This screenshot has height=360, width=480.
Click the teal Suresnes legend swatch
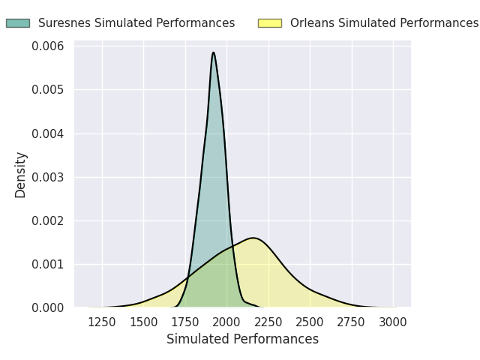click(x=18, y=23)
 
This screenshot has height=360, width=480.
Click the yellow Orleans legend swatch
click(x=270, y=23)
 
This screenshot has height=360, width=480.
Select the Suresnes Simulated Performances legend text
click(x=136, y=23)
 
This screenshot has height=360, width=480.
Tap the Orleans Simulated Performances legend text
click(x=385, y=23)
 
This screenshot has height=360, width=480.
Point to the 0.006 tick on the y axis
click(x=48, y=46)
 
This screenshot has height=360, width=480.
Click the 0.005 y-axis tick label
click(x=48, y=90)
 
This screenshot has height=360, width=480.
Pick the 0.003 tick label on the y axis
click(x=48, y=177)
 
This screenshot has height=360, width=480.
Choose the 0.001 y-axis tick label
click(x=48, y=264)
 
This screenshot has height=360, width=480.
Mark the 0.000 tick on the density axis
click(x=48, y=307)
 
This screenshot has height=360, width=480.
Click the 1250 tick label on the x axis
click(x=102, y=322)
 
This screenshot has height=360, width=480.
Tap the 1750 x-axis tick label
click(x=185, y=322)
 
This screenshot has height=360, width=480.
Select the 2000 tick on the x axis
click(x=226, y=322)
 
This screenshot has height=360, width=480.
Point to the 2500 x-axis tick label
click(x=310, y=322)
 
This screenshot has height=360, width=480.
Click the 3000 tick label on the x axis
click(x=393, y=322)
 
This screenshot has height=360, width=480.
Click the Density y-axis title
click(x=20, y=175)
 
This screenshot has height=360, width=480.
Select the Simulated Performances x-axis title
click(x=243, y=339)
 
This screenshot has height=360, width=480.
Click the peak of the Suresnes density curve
click(x=213, y=52)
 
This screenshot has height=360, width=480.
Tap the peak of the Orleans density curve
click(x=253, y=238)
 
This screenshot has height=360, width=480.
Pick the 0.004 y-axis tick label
click(x=48, y=133)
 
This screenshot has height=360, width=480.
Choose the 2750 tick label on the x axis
click(x=351, y=322)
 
